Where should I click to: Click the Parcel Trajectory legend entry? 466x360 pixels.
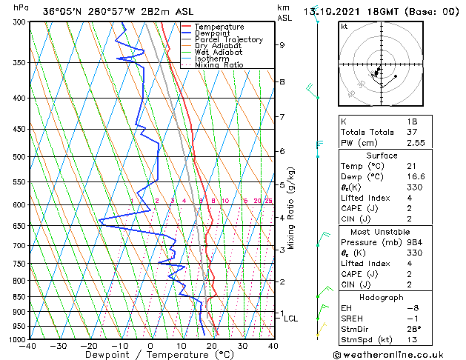click(228, 40)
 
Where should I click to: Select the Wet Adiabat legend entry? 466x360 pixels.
click(222, 53)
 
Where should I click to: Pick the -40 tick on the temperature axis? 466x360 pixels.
click(28, 346)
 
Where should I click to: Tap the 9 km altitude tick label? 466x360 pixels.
click(282, 45)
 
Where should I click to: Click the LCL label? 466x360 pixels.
click(290, 319)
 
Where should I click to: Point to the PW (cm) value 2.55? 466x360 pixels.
click(412, 143)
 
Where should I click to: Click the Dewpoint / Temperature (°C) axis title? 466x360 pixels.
click(151, 355)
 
